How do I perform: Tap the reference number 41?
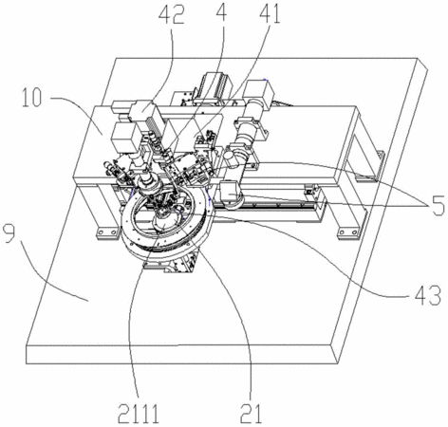[x=270, y=13]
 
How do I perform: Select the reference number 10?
[x=31, y=98]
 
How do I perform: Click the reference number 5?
[x=436, y=205]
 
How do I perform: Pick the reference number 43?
[x=427, y=295]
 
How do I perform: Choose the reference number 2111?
[x=139, y=414]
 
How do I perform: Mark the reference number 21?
[x=252, y=414]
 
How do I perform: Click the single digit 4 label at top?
[x=222, y=11]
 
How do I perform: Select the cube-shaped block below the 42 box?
[x=123, y=137]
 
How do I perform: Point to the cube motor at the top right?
[x=259, y=91]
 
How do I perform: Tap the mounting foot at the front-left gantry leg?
[x=106, y=233]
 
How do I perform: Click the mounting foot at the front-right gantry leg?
[x=349, y=233]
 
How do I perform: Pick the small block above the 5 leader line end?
[x=230, y=192]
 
